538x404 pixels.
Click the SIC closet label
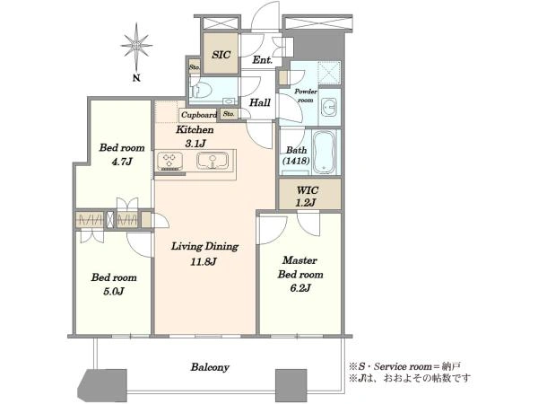coord(221,55)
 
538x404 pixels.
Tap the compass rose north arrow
coord(136,46)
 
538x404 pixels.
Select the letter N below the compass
coord(136,78)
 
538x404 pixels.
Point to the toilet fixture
coord(199,90)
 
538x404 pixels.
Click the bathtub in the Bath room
coord(325,152)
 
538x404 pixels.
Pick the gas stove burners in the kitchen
coord(169,161)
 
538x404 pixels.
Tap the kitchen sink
coord(213,161)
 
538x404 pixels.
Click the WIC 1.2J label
coord(308,196)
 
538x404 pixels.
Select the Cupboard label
coord(199,115)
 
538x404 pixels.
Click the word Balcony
coord(210,367)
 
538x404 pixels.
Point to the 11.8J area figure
coord(204,262)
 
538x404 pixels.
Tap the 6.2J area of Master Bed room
coord(300,287)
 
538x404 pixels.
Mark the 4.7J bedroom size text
coord(122,161)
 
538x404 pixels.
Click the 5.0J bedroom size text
coord(114,291)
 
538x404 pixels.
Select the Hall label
coord(260,102)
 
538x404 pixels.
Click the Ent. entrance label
coord(263,60)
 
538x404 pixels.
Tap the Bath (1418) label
coord(297,155)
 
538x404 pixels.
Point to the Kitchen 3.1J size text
coord(195,144)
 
